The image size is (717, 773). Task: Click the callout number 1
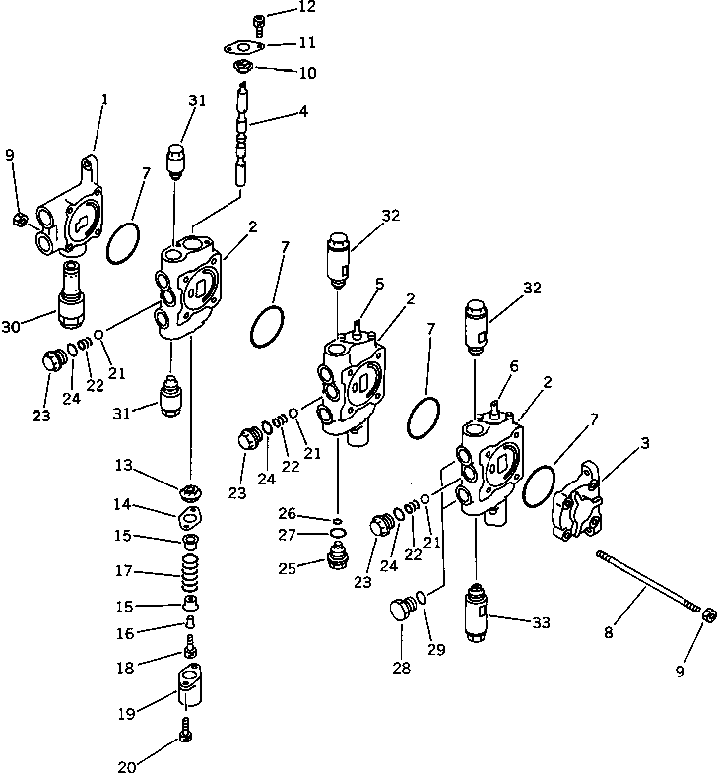104,98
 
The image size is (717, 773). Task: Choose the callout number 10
308,72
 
